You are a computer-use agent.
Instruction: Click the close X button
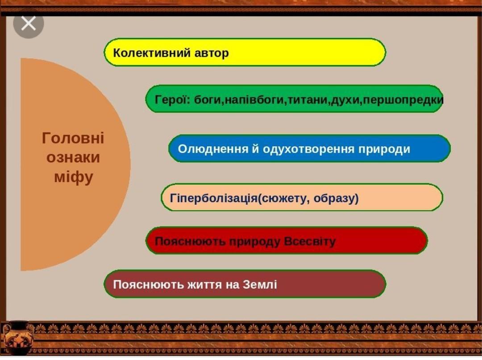28,23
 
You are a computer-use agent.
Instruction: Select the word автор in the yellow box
212,53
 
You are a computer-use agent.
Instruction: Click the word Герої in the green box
171,99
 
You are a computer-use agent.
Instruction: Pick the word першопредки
403,99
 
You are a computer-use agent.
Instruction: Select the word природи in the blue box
384,149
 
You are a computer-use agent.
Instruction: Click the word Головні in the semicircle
73,138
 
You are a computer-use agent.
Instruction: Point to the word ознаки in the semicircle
73,158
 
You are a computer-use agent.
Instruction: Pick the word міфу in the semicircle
73,178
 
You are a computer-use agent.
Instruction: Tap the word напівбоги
254,99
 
